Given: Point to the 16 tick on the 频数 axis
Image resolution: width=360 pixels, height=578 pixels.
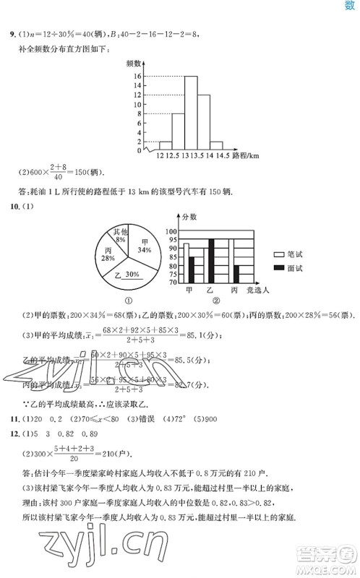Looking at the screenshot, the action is tap(136, 76).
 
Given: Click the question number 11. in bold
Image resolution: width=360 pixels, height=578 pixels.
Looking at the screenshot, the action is tap(12, 439).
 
